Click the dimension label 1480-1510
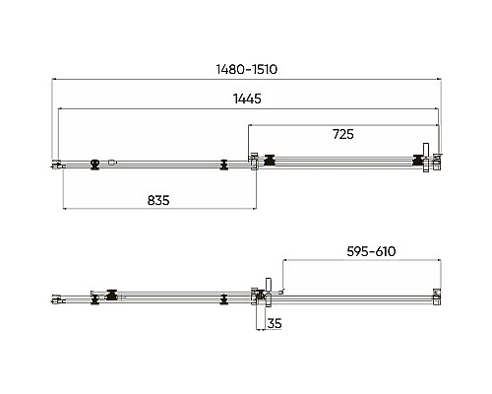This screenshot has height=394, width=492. [247, 69]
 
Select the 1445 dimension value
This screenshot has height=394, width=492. [247, 98]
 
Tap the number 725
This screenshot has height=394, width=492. [343, 134]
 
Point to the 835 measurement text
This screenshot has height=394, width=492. [158, 200]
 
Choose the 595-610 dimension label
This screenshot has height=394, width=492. [371, 251]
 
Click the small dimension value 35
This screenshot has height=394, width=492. [275, 323]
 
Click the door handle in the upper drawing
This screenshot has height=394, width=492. [426, 158]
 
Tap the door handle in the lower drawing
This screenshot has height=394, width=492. [269, 293]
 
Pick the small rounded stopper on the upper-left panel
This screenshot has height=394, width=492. [112, 162]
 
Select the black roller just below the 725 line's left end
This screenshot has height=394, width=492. [270, 160]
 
